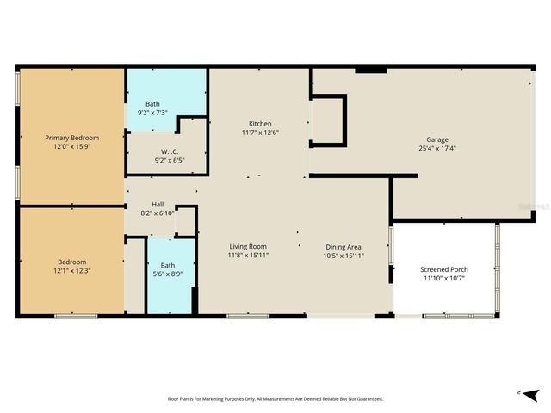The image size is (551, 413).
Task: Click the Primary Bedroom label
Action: tap(71, 138)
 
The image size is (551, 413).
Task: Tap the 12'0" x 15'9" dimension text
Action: tap(71, 146)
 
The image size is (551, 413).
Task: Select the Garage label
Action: tap(436, 139)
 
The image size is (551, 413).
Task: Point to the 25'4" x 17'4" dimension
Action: tap(436, 148)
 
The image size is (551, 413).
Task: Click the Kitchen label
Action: tap(260, 123)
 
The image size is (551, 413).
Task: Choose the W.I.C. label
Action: tap(169, 151)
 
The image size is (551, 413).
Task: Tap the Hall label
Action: tap(158, 204)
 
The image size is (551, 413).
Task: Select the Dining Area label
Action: tap(342, 246)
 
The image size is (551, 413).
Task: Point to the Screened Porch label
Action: tap(443, 269)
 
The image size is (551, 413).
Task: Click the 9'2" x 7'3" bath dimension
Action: tap(152, 113)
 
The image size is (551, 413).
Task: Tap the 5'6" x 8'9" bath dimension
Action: tap(167, 274)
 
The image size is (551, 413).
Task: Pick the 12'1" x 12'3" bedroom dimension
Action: tap(71, 270)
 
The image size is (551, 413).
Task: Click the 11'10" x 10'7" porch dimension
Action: tap(443, 278)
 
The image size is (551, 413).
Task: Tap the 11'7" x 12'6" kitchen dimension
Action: tap(260, 133)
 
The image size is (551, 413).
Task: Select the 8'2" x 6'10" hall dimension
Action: tap(158, 213)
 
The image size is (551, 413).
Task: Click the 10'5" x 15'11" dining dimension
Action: tap(342, 255)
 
